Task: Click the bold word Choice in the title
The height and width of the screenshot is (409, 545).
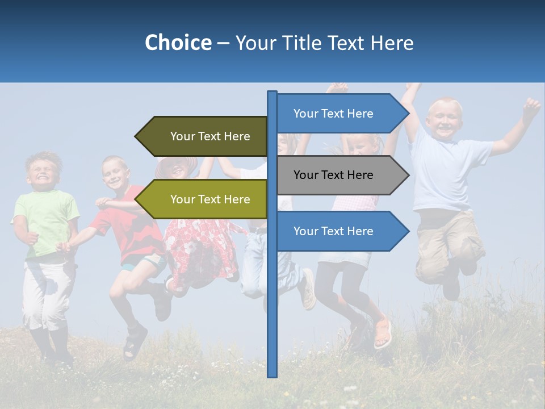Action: click(178, 43)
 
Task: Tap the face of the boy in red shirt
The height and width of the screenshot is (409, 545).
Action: click(115, 174)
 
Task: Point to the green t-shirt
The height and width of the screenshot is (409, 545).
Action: click(47, 222)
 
